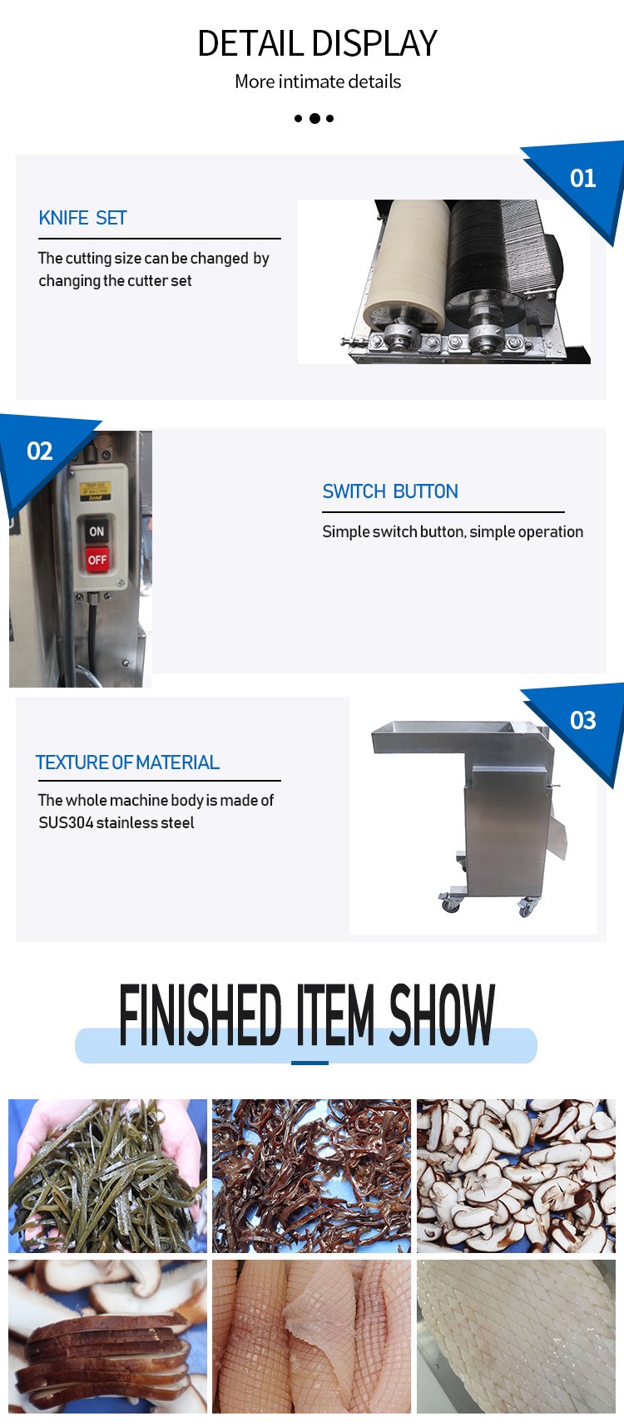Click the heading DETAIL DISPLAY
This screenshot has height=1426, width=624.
(317, 43)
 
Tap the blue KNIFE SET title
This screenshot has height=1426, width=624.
(82, 218)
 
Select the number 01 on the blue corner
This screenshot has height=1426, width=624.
(582, 179)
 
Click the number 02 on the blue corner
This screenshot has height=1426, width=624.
(40, 451)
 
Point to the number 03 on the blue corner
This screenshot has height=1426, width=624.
(582, 720)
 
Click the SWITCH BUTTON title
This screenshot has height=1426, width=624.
(390, 491)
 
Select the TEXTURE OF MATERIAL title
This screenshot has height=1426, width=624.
(127, 762)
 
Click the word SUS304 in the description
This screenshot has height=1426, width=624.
(66, 822)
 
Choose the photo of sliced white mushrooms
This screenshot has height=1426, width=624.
(516, 1176)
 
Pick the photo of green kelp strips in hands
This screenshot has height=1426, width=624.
(108, 1176)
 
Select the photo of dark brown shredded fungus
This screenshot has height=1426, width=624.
(311, 1176)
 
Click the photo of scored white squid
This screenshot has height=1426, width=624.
(516, 1336)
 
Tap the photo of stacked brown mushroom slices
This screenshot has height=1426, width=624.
(108, 1336)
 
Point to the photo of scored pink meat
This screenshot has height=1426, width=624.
(311, 1336)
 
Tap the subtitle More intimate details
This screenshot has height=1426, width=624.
(318, 81)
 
